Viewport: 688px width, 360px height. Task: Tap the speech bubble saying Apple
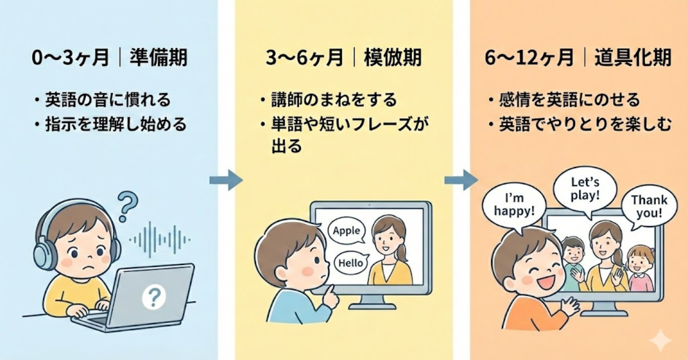pos(347,232)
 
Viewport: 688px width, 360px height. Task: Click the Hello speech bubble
pos(350,263)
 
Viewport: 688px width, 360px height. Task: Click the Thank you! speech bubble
pos(649,208)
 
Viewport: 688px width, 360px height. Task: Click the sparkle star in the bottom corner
pos(660,340)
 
